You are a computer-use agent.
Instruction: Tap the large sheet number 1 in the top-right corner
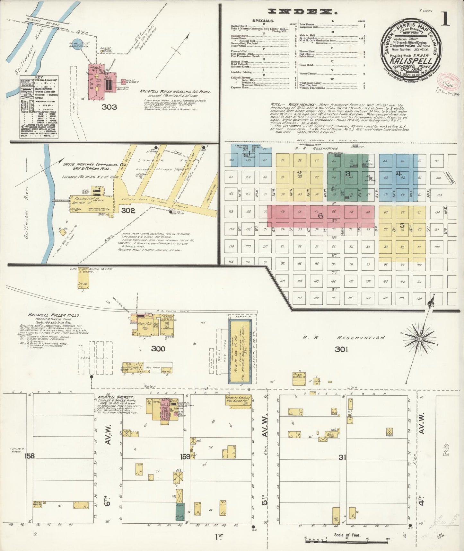coord(445,19)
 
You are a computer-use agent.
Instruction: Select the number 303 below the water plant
coord(109,107)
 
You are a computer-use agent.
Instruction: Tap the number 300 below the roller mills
coord(158,349)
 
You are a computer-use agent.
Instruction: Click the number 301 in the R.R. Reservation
coord(341,349)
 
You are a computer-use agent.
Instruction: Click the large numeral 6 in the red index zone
coord(320,216)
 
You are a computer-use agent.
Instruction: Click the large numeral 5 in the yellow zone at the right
coord(402,226)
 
